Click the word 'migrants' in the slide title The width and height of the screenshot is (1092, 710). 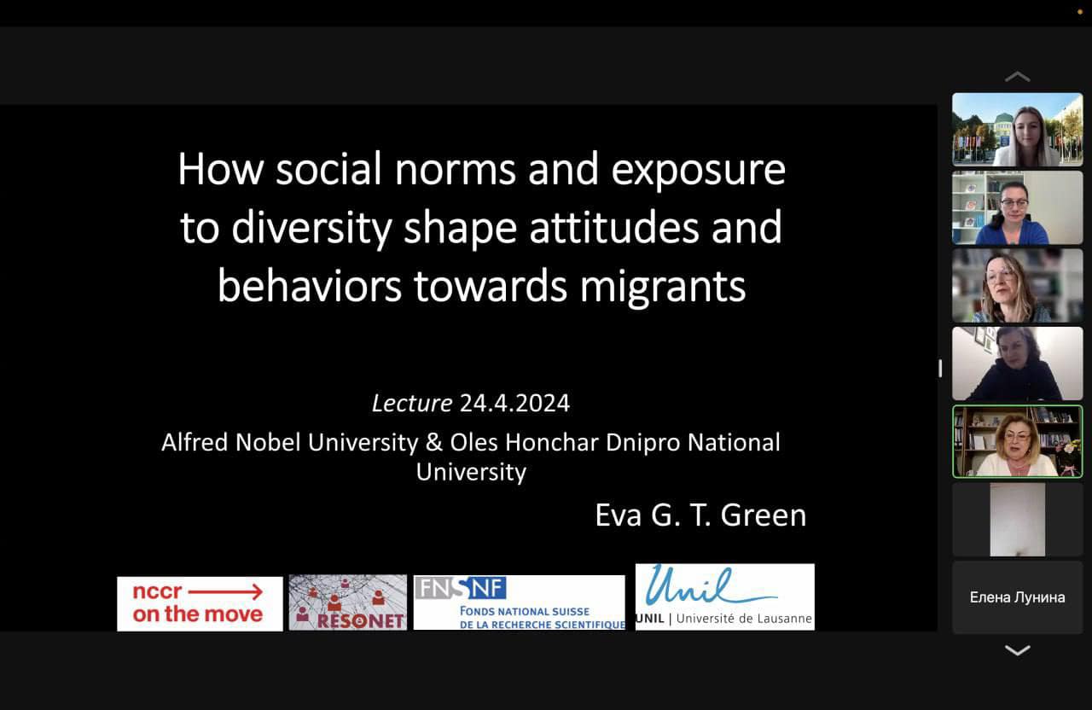click(663, 288)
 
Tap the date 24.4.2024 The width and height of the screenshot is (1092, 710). click(514, 404)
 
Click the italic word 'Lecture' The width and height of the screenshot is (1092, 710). click(412, 404)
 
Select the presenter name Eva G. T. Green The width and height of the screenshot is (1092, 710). click(700, 515)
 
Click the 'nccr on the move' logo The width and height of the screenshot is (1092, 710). click(200, 603)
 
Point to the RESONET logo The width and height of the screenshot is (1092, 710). click(347, 602)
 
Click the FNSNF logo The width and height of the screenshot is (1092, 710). click(520, 602)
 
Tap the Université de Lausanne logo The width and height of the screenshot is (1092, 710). click(725, 597)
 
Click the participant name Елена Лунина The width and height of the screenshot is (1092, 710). click(1018, 597)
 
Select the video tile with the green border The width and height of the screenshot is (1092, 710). click(1018, 441)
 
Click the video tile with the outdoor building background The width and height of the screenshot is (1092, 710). click(1018, 129)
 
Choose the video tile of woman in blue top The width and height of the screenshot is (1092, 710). click(1018, 207)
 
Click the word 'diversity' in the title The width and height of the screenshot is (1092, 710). click(311, 228)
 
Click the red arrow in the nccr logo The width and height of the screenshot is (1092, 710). click(226, 592)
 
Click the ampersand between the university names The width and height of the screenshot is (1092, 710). click(434, 443)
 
